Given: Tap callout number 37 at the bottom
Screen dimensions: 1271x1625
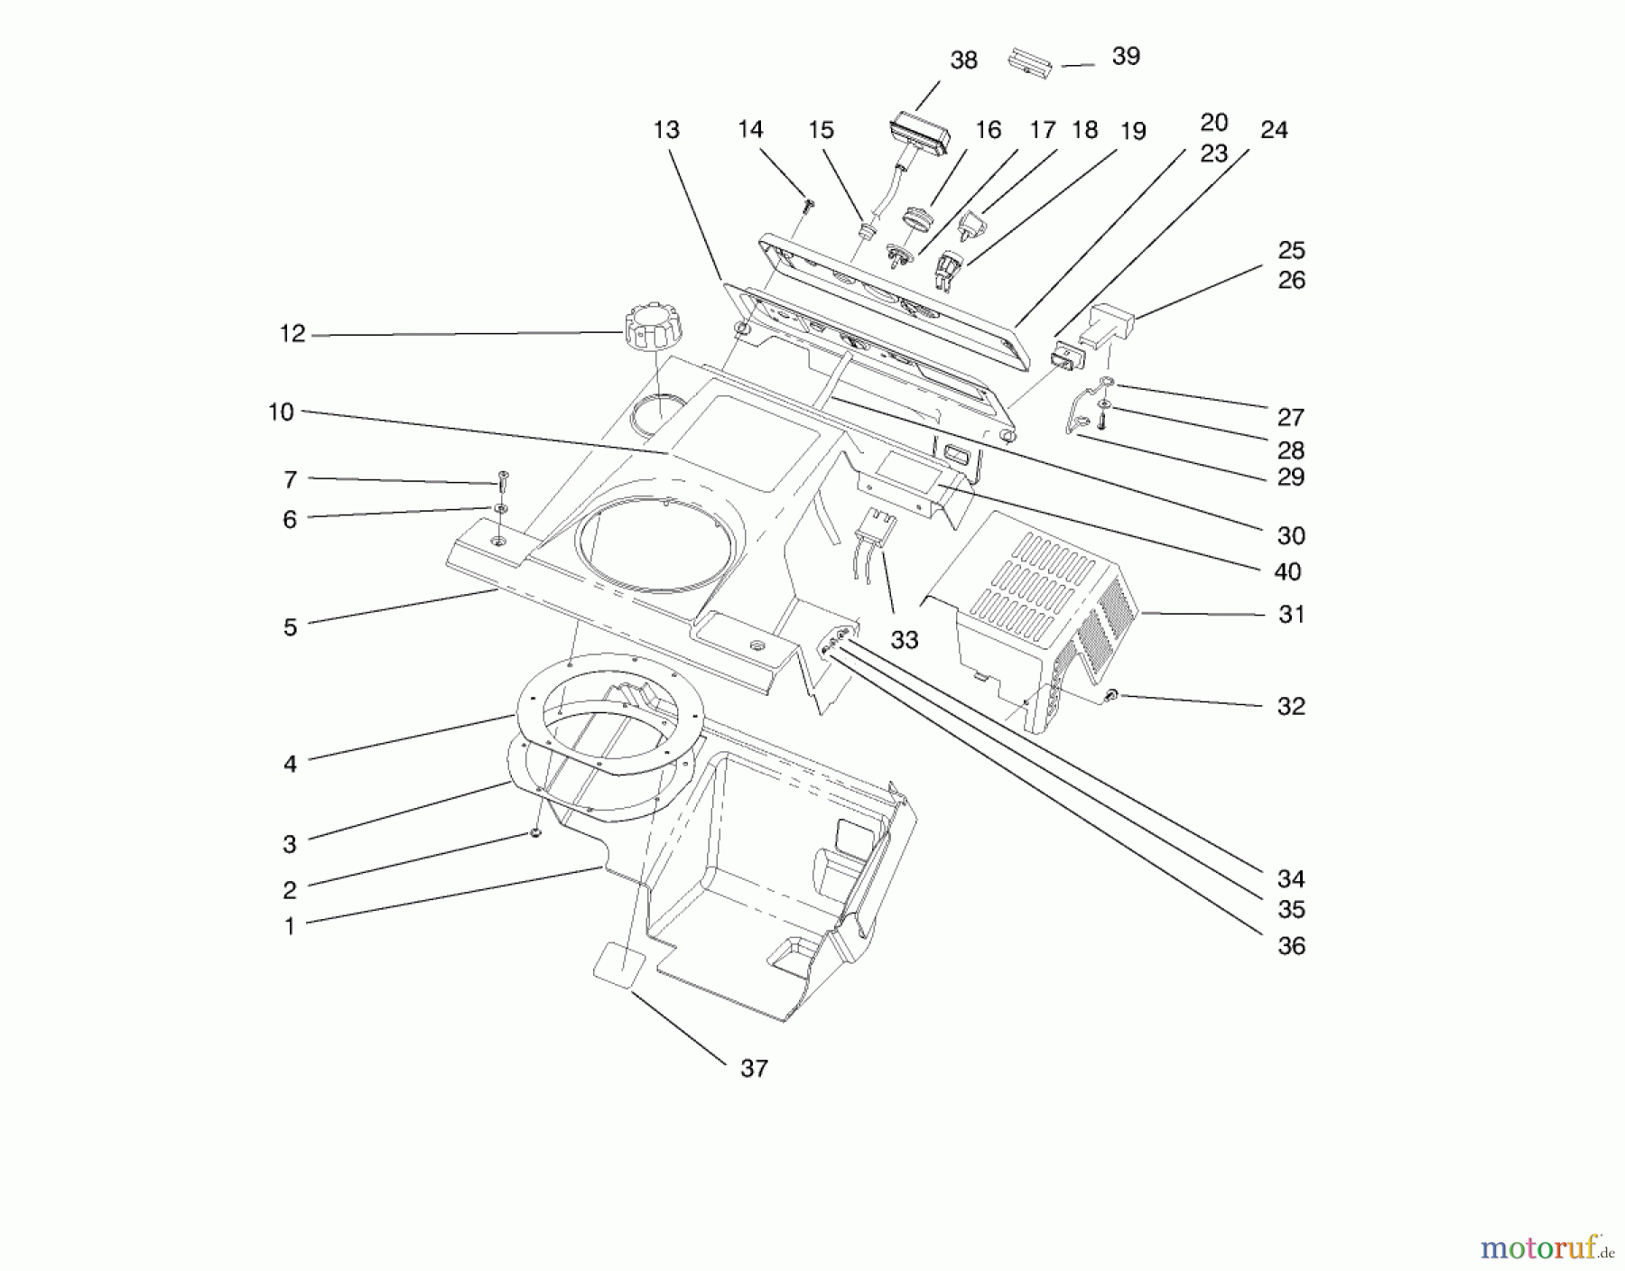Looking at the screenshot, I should (754, 1069).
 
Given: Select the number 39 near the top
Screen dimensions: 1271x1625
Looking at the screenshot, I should (1126, 56).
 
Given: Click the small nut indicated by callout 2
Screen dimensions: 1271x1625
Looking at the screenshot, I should (535, 832).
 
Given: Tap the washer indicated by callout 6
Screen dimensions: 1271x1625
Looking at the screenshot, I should (501, 509).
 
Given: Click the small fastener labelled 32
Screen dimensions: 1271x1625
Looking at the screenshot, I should (1111, 695).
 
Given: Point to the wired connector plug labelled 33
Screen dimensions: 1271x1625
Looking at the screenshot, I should (875, 528).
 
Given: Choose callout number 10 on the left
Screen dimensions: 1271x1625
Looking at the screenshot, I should (281, 412).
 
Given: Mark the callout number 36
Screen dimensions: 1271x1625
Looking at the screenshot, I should (1291, 945).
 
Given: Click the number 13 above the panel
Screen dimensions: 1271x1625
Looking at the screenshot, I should (666, 130).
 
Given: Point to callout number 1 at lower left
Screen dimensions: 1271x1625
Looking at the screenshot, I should (290, 926).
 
